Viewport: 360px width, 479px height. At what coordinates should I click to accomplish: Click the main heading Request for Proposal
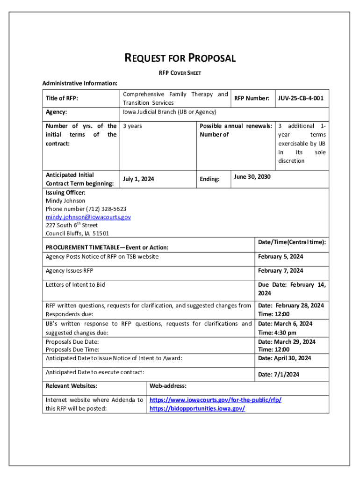[x=180, y=58]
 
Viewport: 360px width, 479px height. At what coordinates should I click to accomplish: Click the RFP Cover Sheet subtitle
[x=180, y=73]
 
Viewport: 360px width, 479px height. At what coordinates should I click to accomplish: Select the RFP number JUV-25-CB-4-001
[x=301, y=98]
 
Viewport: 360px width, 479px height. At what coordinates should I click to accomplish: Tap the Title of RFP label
[x=62, y=98]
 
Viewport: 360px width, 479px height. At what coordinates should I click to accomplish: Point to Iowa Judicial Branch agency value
[x=169, y=112]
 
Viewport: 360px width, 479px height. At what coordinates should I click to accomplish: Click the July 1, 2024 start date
[x=138, y=179]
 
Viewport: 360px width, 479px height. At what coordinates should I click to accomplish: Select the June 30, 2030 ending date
[x=252, y=177]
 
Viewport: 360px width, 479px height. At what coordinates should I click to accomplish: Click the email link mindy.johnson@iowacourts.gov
[x=88, y=217]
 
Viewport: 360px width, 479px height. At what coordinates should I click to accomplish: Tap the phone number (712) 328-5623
[x=86, y=209]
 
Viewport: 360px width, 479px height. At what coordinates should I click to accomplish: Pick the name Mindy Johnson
[x=65, y=201]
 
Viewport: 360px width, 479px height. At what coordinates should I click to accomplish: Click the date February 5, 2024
[x=281, y=257]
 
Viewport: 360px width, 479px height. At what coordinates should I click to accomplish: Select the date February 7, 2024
[x=281, y=271]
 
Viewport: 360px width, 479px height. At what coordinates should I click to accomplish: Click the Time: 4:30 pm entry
[x=277, y=333]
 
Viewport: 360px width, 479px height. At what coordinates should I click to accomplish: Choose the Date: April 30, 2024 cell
[x=284, y=358]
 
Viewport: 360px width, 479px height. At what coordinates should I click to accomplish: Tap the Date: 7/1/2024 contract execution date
[x=279, y=374]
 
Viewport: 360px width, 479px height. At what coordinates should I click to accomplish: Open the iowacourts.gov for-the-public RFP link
[x=215, y=400]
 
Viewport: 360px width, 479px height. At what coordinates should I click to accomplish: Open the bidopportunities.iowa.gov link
[x=197, y=409]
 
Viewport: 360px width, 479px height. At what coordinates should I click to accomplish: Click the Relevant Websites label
[x=72, y=386]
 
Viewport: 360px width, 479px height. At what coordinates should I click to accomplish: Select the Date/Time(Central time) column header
[x=292, y=242]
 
